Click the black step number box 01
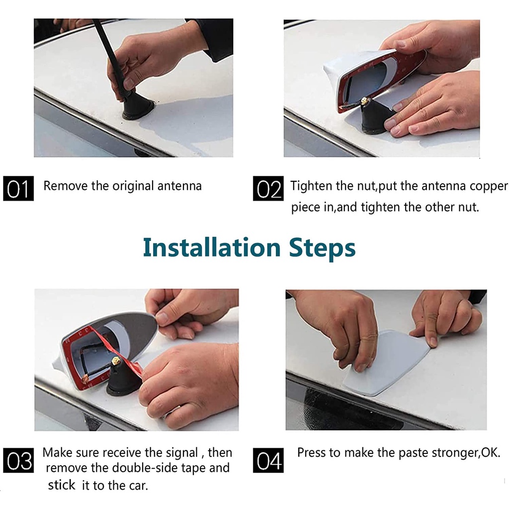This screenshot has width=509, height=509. [18, 188]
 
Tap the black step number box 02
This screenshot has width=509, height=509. [268, 188]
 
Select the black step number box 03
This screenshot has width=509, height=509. [18, 460]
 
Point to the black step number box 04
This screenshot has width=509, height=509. [268, 460]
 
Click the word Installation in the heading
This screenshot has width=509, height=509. [212, 248]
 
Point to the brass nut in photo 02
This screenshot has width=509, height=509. [365, 101]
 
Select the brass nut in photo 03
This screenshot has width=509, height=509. [115, 360]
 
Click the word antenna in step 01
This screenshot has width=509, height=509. [179, 186]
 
